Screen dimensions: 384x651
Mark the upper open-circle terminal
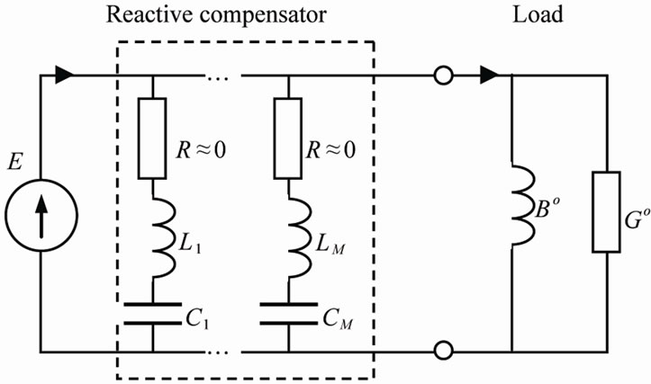point(442,76)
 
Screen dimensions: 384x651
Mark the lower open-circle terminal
point(442,351)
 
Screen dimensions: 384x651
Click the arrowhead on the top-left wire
point(64,76)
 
